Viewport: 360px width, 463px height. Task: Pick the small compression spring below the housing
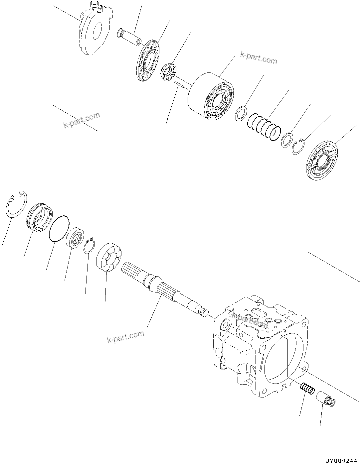[x=307, y=388]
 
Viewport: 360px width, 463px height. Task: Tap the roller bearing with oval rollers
[x=109, y=257]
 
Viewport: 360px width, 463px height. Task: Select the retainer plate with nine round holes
[x=148, y=60]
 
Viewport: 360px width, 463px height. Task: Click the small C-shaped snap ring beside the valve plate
[x=298, y=146]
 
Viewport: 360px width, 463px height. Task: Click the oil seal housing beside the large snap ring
[x=39, y=218]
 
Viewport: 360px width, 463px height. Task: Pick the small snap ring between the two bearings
[x=89, y=246]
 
